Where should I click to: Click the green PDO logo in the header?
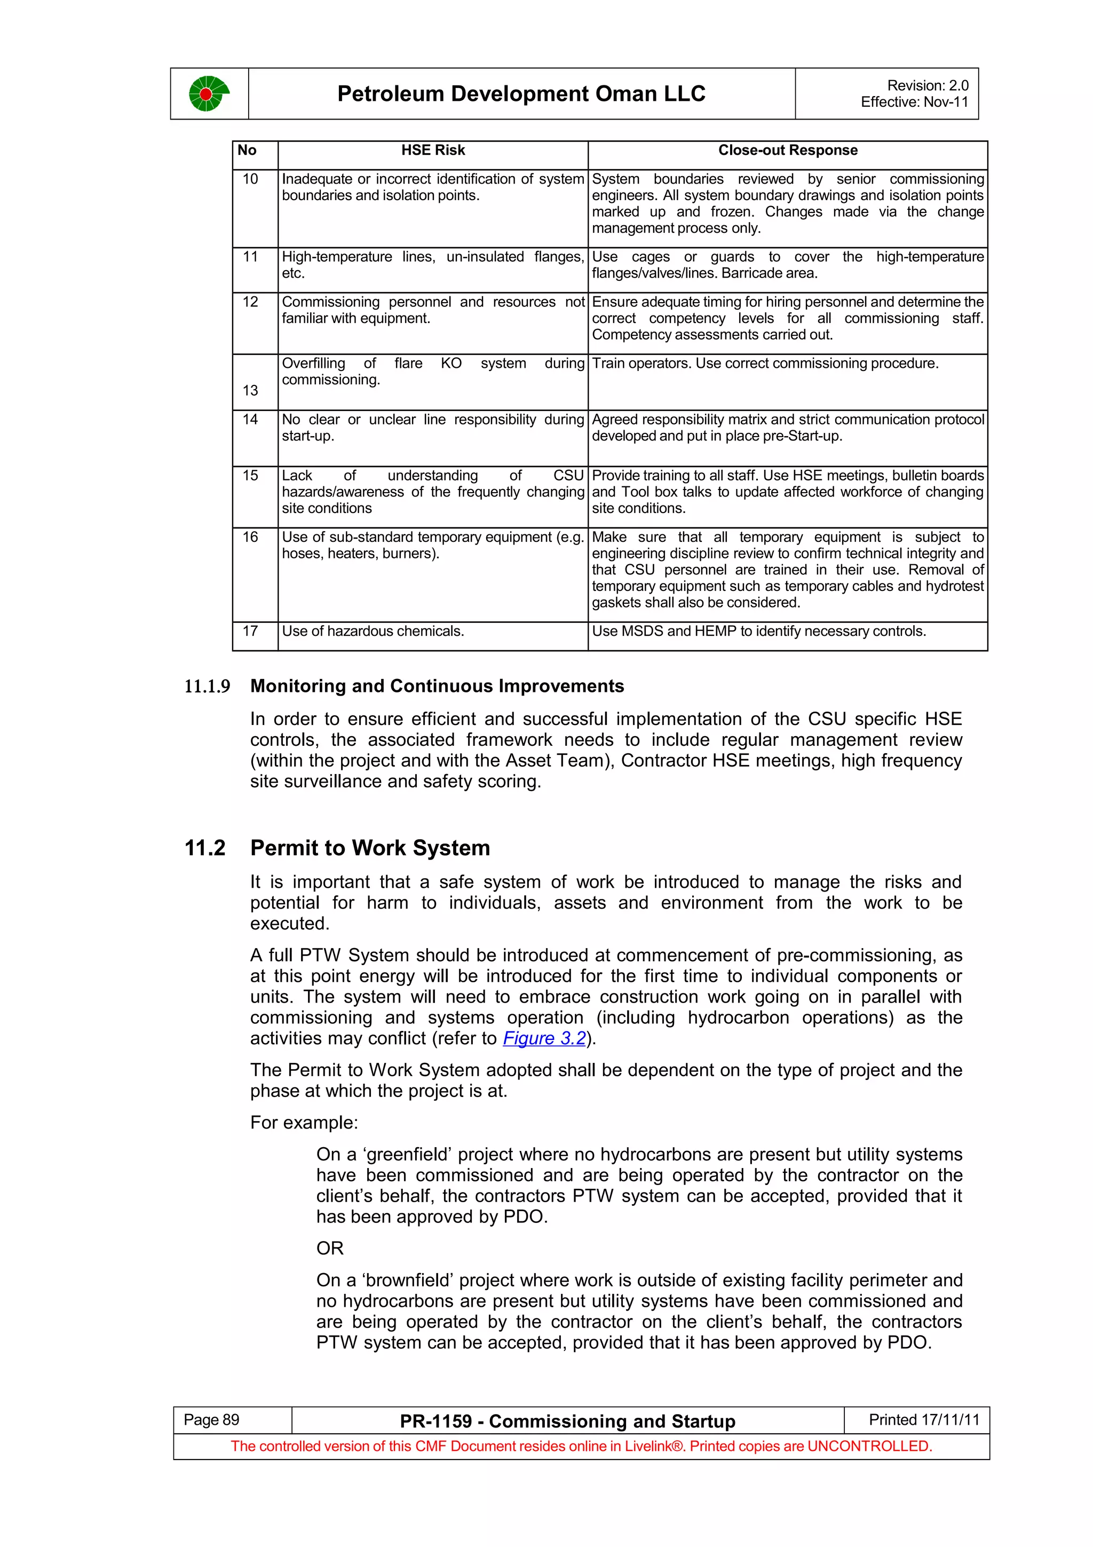[209, 93]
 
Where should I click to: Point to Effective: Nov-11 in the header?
[914, 102]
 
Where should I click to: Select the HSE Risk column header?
[432, 150]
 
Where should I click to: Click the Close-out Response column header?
[787, 150]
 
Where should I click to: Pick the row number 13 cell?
[250, 390]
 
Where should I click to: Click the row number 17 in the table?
[250, 630]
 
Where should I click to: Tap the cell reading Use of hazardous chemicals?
[373, 630]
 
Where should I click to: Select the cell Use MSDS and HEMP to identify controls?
[758, 630]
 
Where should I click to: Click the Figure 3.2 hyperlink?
[544, 1038]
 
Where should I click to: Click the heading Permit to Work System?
[370, 848]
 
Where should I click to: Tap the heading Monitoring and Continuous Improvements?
[437, 686]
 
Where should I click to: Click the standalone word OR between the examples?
[330, 1249]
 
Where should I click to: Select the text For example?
[304, 1123]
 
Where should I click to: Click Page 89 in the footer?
[211, 1419]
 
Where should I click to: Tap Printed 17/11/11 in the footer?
[923, 1419]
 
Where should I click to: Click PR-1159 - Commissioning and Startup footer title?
[567, 1421]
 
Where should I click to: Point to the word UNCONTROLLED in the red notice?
[868, 1446]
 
